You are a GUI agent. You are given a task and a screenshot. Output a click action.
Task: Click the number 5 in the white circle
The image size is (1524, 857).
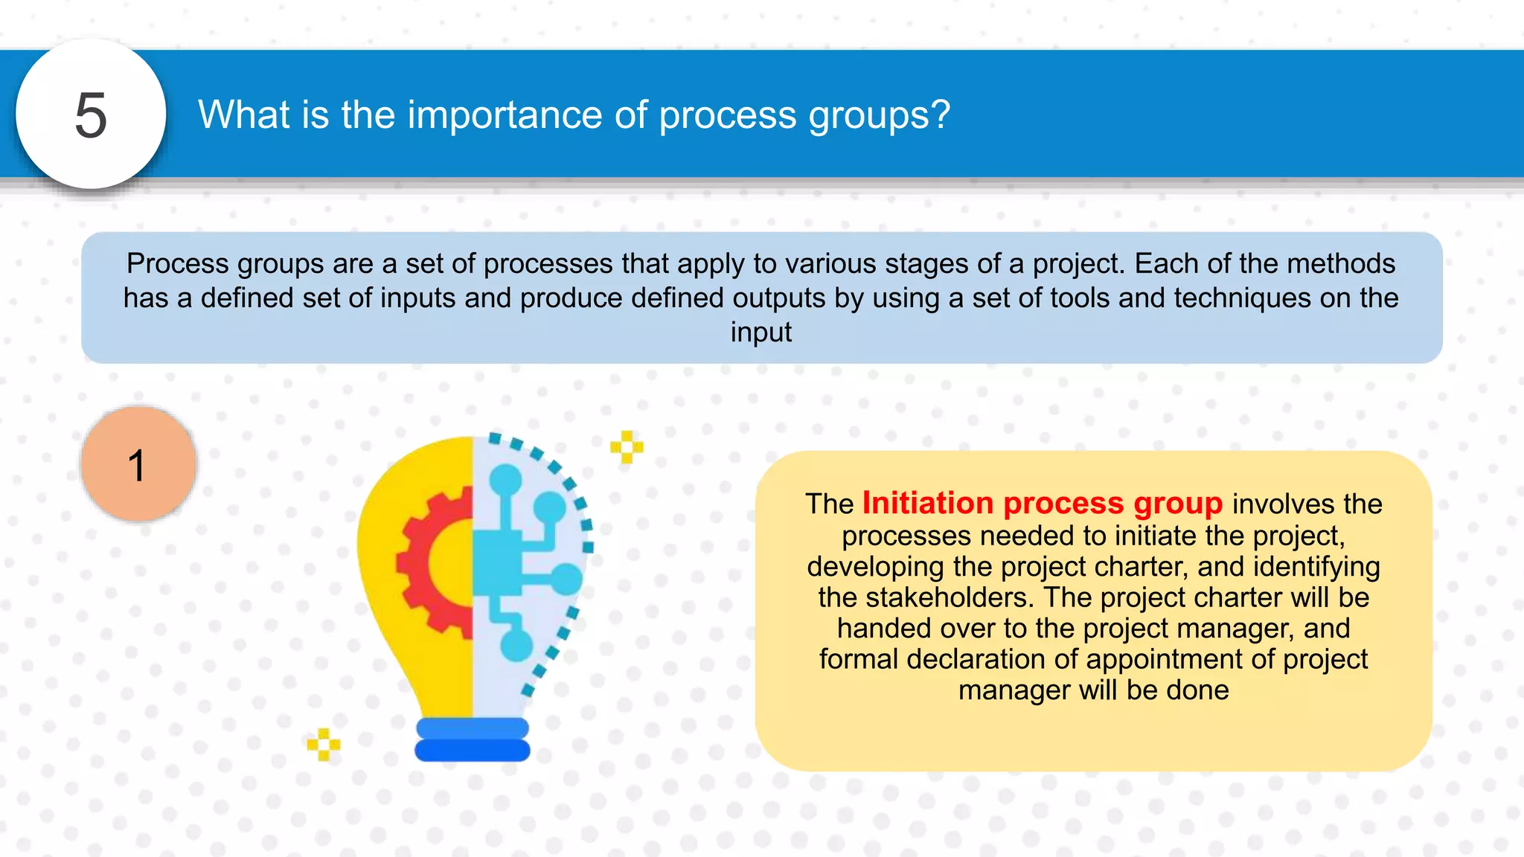coord(91,115)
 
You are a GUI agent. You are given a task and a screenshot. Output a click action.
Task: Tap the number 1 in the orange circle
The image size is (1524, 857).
coord(137,466)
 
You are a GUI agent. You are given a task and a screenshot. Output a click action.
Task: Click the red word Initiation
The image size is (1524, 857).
coord(927,504)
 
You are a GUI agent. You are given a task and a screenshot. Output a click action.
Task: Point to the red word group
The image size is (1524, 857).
coord(1178,504)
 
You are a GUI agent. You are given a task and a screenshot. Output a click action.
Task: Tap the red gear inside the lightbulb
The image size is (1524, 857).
coord(432,562)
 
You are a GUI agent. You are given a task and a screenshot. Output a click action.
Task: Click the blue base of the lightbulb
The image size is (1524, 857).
coord(473,739)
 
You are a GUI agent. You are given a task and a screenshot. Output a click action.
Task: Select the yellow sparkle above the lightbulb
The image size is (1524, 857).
coord(627,447)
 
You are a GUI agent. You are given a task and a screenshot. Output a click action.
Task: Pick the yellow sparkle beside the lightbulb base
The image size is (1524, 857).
coord(324,744)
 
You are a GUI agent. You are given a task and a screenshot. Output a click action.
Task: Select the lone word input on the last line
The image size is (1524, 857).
coord(761,333)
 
